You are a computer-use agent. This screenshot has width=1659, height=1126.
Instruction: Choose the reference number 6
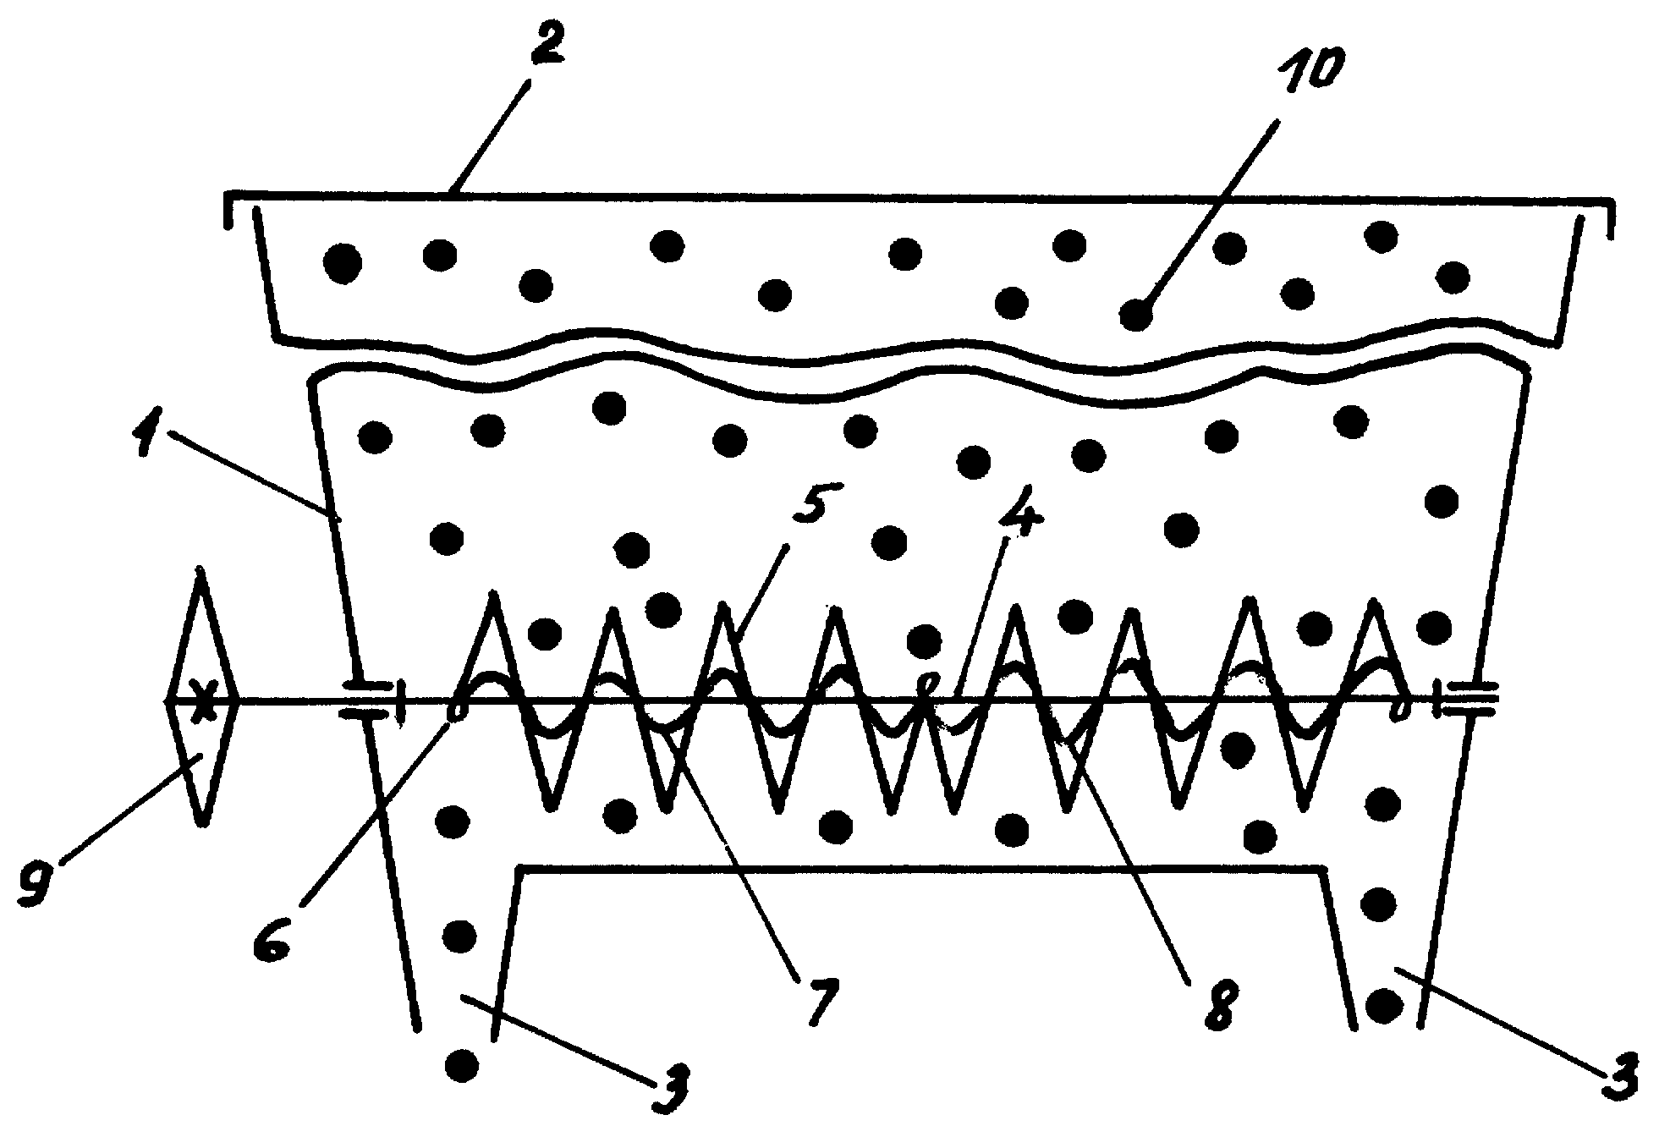[275, 935]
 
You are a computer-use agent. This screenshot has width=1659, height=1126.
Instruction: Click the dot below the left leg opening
[461, 1063]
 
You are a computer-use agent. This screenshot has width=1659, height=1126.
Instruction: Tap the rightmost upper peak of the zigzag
[1372, 601]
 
